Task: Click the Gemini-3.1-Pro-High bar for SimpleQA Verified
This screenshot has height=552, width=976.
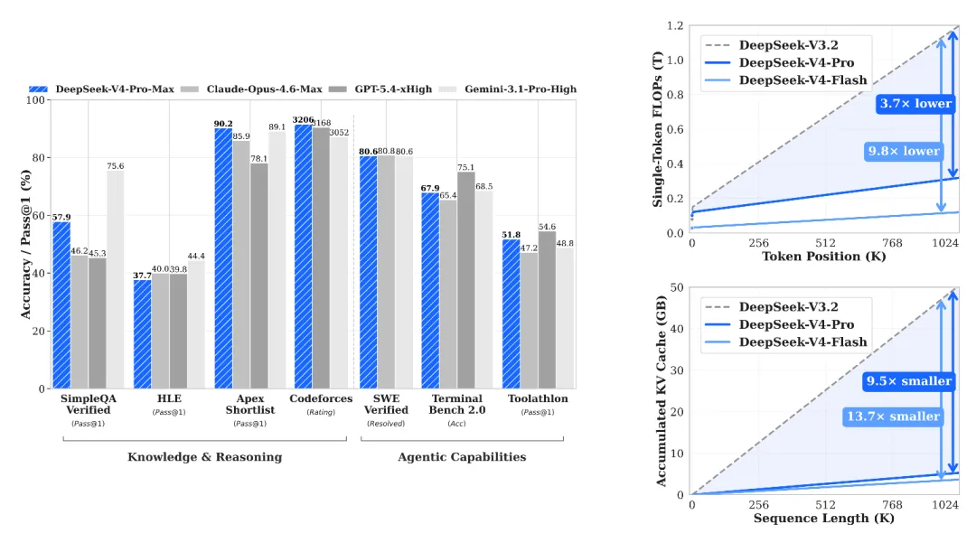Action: (115, 280)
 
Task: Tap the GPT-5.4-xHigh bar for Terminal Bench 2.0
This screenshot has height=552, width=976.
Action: (466, 280)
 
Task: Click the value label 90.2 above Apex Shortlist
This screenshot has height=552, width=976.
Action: (223, 124)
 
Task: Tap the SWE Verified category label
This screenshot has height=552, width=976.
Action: (386, 404)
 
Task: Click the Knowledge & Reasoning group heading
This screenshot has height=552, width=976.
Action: (204, 457)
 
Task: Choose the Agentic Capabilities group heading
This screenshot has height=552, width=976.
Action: (462, 457)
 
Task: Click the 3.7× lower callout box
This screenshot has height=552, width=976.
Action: (915, 103)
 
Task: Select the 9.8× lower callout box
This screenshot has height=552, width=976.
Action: (904, 151)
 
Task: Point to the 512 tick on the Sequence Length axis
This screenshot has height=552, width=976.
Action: (825, 505)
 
